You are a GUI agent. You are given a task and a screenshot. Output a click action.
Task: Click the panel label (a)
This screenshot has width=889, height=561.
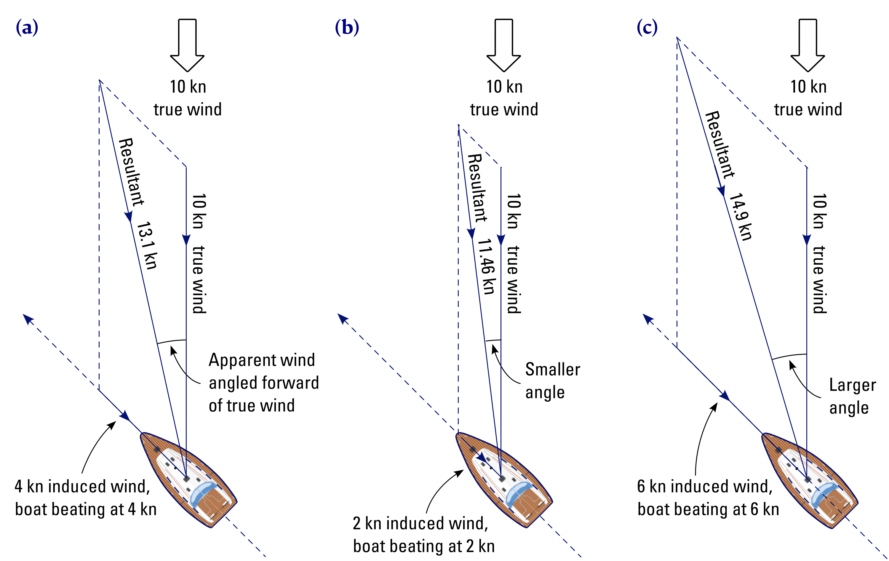[27, 28]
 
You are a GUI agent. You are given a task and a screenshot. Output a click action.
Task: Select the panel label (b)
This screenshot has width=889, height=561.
[347, 28]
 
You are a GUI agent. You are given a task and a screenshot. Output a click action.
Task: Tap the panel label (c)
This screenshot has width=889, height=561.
[647, 28]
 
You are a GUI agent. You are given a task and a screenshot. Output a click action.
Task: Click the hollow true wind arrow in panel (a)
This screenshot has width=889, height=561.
[187, 44]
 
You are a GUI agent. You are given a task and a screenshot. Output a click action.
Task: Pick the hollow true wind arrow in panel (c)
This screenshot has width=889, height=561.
[808, 44]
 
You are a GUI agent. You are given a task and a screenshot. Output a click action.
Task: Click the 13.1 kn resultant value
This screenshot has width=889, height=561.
[147, 246]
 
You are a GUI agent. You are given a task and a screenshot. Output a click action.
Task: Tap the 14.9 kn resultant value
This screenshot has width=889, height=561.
[741, 216]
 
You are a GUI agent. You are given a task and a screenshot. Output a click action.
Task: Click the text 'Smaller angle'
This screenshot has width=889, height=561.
[552, 381]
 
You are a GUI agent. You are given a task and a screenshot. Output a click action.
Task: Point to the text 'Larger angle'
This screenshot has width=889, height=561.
[852, 396]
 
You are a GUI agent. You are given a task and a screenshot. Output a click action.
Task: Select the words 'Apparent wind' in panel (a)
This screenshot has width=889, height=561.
[262, 360]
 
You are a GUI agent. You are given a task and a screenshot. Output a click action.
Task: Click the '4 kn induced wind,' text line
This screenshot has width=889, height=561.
[82, 486]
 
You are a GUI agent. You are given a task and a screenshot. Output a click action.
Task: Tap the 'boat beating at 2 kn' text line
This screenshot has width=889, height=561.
[424, 546]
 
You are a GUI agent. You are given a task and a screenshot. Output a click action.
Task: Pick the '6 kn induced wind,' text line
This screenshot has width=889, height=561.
[705, 486]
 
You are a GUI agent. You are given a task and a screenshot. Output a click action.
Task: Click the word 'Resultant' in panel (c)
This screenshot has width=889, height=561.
[720, 145]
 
